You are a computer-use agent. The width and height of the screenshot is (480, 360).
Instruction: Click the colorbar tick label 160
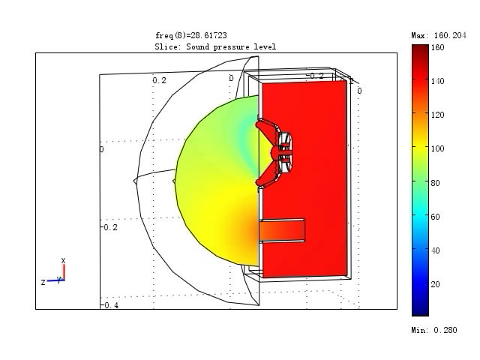(437, 47)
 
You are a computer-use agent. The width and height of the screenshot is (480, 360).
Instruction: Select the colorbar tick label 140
(437, 81)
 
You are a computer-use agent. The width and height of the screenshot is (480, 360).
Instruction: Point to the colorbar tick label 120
(437, 115)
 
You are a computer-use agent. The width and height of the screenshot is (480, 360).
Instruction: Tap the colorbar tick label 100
(437, 148)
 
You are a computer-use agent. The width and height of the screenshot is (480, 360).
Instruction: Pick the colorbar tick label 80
(435, 183)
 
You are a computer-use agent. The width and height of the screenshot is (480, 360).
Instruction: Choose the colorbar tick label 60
(435, 217)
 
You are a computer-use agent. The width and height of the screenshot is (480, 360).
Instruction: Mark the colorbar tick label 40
(435, 250)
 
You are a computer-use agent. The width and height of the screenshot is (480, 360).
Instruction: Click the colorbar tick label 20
(435, 284)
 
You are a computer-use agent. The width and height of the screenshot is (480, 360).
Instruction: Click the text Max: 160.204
(439, 35)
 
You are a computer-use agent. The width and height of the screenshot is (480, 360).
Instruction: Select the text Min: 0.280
(434, 330)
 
